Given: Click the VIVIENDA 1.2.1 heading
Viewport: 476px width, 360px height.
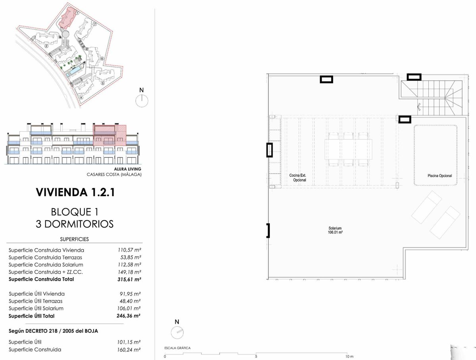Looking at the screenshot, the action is coord(75,192).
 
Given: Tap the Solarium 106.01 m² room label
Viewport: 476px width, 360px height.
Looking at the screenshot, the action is coord(335,230).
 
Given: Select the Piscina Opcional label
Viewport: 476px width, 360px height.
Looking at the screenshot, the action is coord(440,176).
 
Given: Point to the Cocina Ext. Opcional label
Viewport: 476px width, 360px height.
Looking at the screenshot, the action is coord(298,178).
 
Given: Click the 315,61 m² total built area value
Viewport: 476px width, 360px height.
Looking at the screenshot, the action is coord(129,280).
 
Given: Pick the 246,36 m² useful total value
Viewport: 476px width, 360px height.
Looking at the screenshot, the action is coord(129,316).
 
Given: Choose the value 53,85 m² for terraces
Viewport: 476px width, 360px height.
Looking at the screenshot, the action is coord(131,257).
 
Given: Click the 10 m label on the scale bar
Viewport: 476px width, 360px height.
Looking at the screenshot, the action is coord(349,356).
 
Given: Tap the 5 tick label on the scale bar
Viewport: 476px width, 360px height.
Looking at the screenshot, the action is coord(256,356).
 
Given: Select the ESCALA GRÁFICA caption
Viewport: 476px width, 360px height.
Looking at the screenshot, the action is coord(177,348).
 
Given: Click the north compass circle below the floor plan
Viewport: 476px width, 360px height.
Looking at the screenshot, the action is coord(177,333).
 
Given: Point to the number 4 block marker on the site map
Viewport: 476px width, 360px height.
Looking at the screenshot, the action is coord(81,98).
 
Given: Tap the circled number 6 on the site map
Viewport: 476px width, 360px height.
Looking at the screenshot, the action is coord(102,59).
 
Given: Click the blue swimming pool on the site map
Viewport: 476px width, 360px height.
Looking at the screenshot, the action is coord(75,70).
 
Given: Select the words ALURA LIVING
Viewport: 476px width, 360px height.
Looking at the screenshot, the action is coord(127,169).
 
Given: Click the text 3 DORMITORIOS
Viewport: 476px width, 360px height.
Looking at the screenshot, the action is coord(75,224).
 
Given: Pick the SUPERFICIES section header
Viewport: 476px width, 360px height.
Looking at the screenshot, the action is coord(75,239).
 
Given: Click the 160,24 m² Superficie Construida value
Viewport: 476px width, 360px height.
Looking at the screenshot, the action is coord(129,350).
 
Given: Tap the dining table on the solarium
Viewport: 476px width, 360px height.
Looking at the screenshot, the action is coord(348,149).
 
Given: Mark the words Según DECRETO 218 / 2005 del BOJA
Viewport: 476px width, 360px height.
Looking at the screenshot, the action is coord(53,331).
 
